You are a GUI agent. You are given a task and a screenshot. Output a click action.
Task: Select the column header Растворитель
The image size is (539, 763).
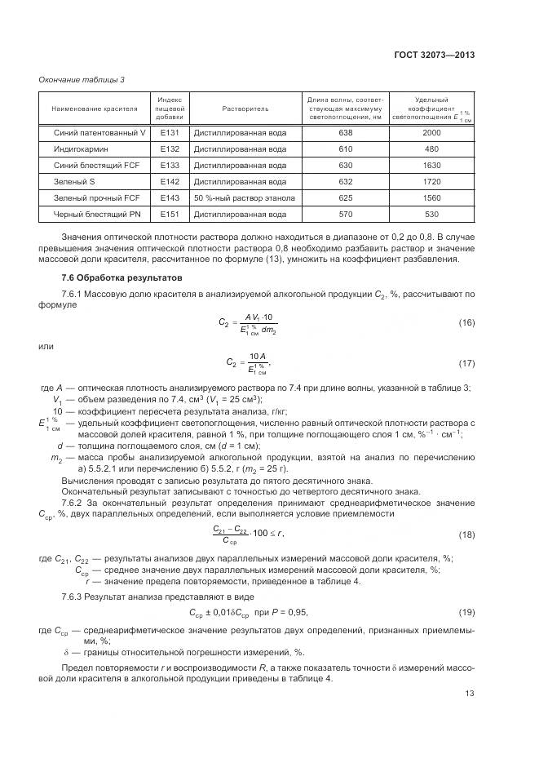(244, 109)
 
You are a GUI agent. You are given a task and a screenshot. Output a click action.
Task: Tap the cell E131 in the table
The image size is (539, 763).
(169, 133)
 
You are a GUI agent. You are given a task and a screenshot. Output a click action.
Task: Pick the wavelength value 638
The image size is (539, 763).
(345, 133)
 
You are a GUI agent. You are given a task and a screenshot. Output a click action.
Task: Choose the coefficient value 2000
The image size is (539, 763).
(431, 133)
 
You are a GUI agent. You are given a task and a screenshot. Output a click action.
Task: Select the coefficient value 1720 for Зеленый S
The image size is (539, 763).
(431, 182)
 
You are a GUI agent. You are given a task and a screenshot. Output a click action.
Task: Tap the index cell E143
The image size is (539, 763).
(169, 198)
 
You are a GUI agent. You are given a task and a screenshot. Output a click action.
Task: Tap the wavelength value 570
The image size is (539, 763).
(345, 215)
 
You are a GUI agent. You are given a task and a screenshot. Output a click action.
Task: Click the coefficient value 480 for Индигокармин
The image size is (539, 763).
(431, 149)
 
